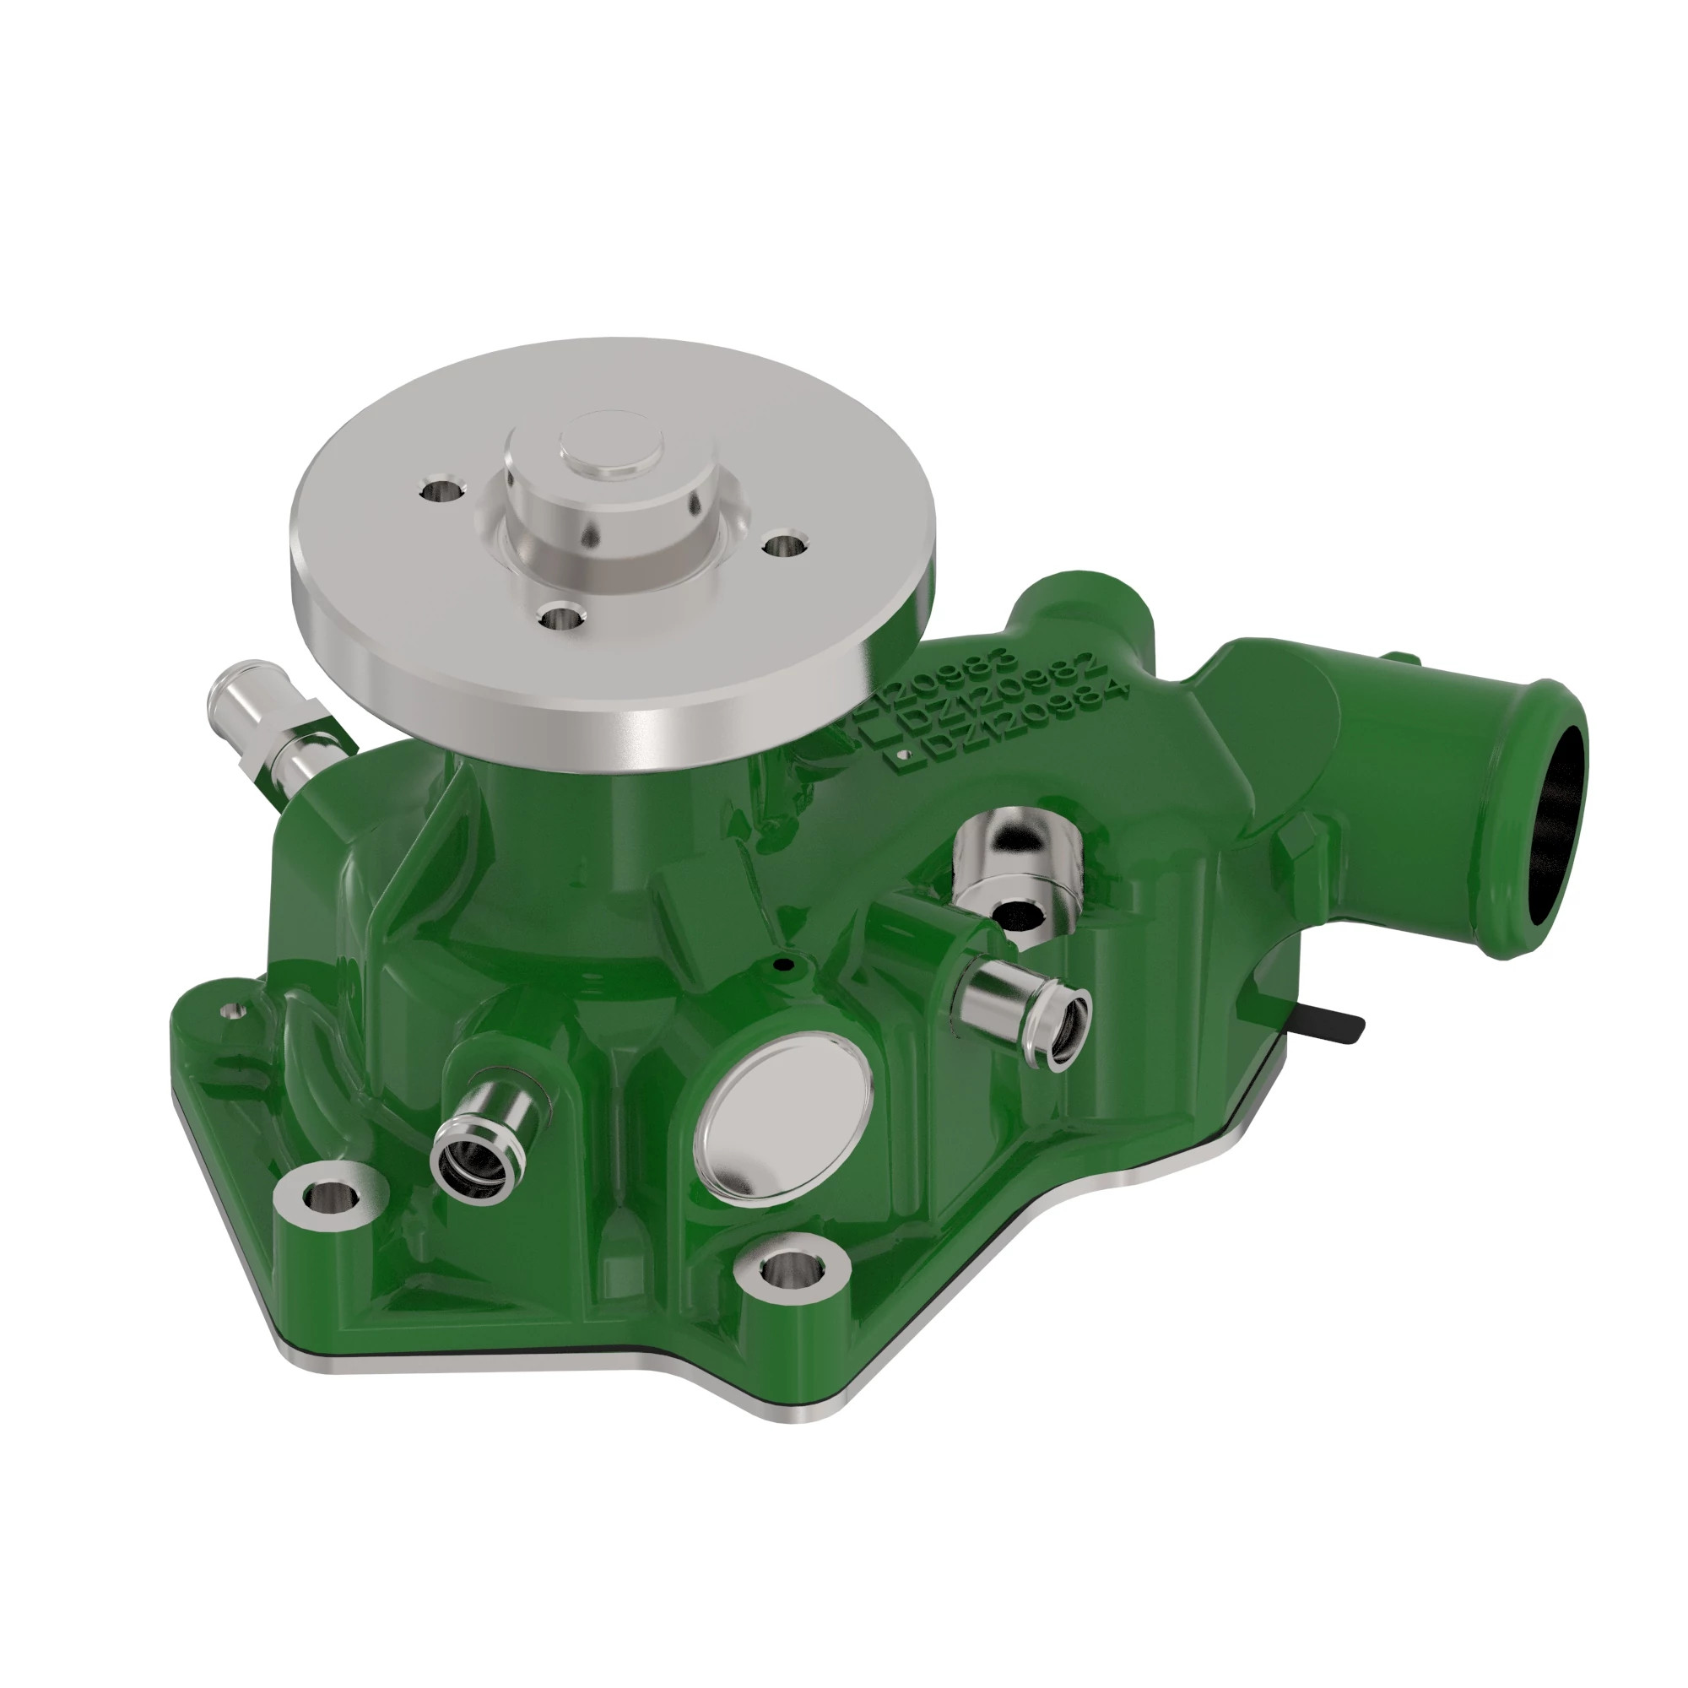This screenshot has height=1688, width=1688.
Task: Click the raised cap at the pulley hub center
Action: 610,446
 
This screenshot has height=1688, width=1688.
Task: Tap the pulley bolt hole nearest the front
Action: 560,617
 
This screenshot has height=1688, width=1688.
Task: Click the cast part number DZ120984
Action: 1004,724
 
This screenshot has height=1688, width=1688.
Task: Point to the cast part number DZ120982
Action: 996,699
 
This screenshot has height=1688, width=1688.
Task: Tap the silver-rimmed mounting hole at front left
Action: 329,1194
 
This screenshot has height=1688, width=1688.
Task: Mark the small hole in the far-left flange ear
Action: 231,1011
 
